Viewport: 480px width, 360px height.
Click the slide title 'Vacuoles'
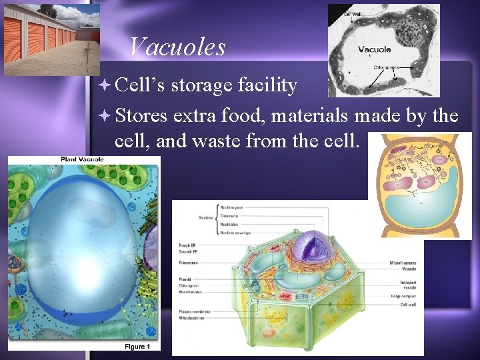tap(177, 47)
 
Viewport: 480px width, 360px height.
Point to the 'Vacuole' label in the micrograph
tap(375, 49)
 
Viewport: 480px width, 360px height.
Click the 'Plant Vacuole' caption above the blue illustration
tap(82, 159)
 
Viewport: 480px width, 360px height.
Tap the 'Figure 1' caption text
tap(137, 346)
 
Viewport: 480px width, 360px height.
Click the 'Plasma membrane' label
tap(195, 311)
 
